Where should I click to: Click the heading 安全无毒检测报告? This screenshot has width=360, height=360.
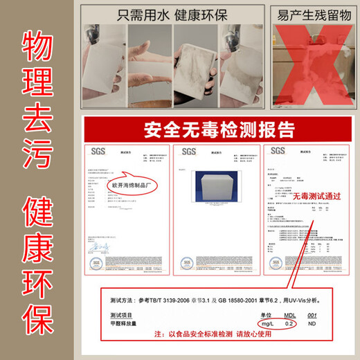click(x=219, y=129)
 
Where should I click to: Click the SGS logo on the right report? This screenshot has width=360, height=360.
click(x=278, y=150)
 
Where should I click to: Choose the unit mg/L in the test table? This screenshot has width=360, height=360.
click(x=264, y=323)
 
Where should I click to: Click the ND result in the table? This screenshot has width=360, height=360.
click(x=314, y=323)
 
